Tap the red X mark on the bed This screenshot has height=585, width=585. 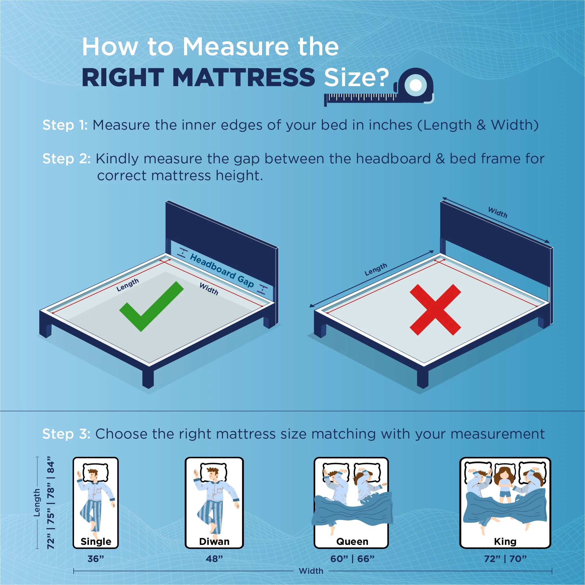coord(435,310)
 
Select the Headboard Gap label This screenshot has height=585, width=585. coord(222,271)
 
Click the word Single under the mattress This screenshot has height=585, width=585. coord(96,542)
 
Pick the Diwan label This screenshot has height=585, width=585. coord(214,542)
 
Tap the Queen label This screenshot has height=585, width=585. coord(352,542)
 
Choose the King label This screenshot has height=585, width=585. coord(505,542)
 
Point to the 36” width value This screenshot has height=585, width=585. coord(96,559)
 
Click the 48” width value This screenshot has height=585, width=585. coord(214,559)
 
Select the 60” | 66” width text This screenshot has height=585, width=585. coord(352,559)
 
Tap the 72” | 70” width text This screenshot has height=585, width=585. coord(505,559)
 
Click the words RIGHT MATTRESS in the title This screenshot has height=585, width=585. coord(198,77)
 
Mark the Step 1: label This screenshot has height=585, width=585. coord(65,125)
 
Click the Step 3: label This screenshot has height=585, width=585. coord(66,433)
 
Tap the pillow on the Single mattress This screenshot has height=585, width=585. coord(96,472)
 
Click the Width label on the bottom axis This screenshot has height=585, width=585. coord(311,571)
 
